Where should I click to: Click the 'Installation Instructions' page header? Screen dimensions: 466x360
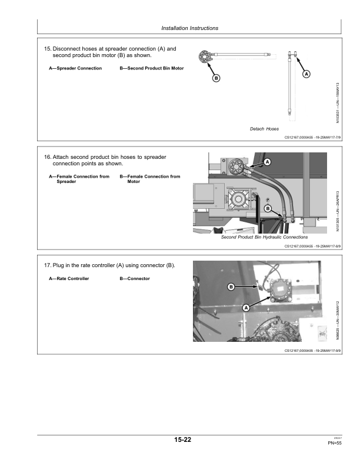[189, 28]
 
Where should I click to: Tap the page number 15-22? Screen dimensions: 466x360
[182, 440]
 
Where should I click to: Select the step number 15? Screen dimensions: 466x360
[48, 48]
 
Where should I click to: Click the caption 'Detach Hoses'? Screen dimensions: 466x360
[264, 129]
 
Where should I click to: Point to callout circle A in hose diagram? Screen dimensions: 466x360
[306, 74]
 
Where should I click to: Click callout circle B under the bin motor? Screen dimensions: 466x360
[215, 78]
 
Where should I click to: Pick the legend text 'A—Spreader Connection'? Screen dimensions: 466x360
[75, 68]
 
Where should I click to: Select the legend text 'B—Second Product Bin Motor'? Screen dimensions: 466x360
[152, 68]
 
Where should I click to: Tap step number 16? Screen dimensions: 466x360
[48, 158]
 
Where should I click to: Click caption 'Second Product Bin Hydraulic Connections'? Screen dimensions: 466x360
[264, 238]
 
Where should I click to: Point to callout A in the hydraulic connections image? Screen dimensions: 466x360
[267, 161]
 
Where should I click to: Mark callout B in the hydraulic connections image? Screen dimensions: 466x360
[268, 208]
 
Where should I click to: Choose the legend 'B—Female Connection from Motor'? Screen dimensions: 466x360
[150, 179]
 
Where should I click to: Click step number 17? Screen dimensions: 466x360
[48, 266]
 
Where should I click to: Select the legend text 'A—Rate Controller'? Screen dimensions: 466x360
[69, 278]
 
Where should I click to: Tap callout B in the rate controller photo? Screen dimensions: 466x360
[231, 287]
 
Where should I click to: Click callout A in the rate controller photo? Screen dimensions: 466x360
[245, 307]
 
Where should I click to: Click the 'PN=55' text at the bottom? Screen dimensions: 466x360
[335, 443]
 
